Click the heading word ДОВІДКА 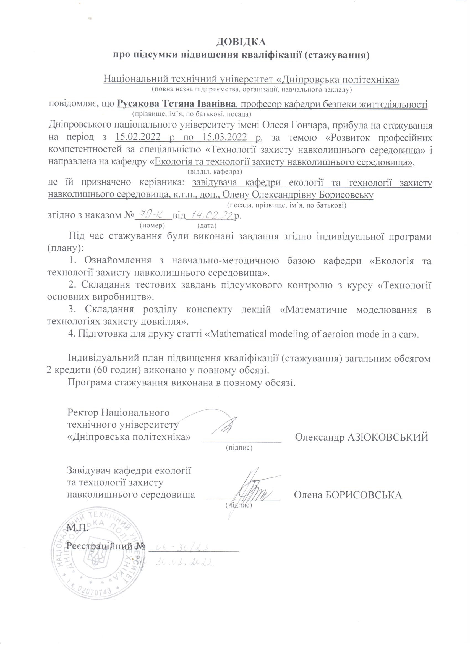point(241,42)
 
